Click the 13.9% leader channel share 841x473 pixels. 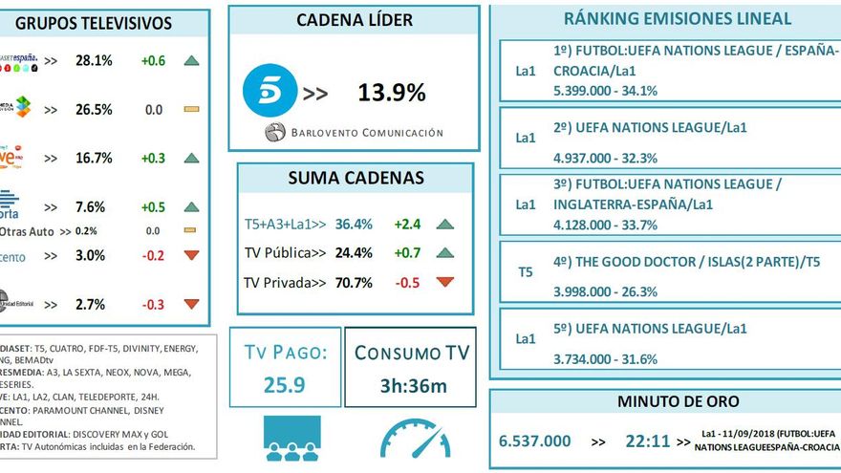point(391,93)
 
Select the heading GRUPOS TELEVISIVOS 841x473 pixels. point(95,23)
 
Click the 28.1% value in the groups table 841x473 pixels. point(94,60)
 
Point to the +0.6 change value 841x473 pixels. point(153,60)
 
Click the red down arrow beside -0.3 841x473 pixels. point(191,304)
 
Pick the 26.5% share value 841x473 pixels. point(94,110)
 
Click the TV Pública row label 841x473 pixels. point(285,253)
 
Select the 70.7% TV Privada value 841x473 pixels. point(354,282)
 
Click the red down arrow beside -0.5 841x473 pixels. point(444,282)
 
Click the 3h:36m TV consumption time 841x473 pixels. point(414,387)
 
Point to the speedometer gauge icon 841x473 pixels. point(414,439)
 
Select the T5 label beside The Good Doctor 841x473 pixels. point(526,272)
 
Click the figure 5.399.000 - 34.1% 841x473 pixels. point(605,91)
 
